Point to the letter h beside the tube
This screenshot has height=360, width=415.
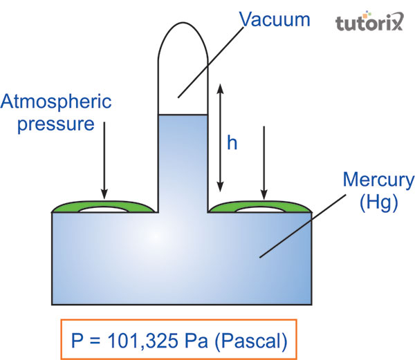[x=232, y=142]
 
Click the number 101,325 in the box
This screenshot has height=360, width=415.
[x=146, y=340]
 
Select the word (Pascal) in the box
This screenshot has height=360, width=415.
[x=251, y=340]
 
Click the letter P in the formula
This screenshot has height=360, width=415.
[x=78, y=340]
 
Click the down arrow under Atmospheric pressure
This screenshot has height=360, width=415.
[x=104, y=159]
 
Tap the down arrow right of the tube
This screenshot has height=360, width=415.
[x=264, y=163]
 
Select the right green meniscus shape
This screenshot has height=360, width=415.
[x=261, y=206]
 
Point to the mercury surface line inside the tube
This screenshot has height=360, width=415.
[x=183, y=115]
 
